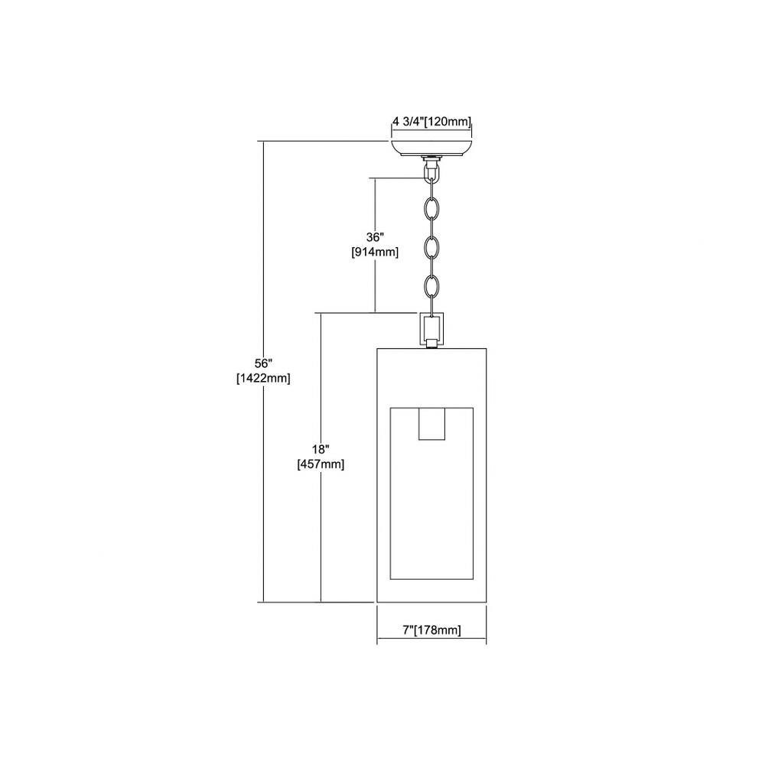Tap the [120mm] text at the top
448,122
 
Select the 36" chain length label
375,237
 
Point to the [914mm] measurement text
375,252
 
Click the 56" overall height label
263,363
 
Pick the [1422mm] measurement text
263,378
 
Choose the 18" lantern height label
321,449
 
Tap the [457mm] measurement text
321,464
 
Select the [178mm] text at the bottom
437,630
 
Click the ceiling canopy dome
431,148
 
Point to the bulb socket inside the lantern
431,424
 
